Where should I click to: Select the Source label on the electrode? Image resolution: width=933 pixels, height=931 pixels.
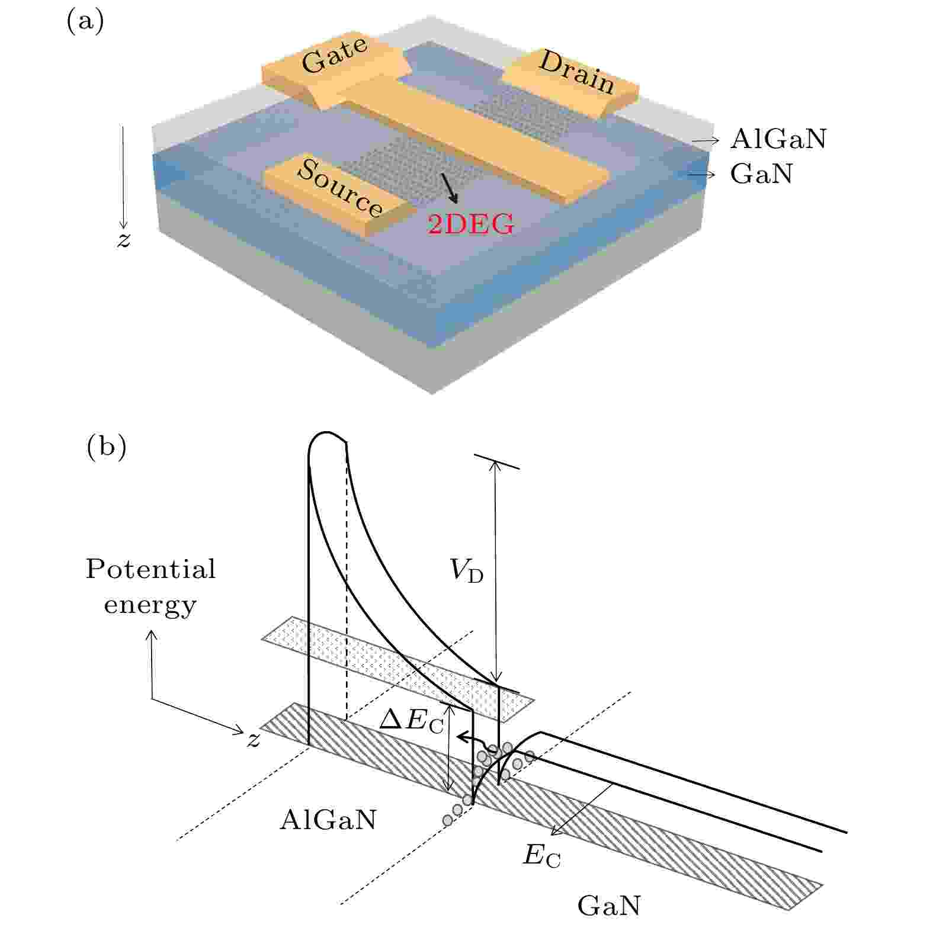(x=339, y=188)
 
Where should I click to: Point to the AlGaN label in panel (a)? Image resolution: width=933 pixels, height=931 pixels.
(x=778, y=139)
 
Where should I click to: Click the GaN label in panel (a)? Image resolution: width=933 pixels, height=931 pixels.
(x=761, y=174)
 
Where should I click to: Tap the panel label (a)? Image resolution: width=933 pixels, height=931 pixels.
(x=85, y=22)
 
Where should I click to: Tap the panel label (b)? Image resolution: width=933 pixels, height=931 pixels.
(x=107, y=447)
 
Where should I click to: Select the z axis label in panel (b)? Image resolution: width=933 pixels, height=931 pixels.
(x=254, y=740)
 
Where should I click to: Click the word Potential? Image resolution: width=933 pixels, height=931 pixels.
(x=150, y=569)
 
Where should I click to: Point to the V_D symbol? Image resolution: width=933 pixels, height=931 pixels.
(x=466, y=570)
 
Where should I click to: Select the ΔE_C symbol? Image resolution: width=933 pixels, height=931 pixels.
(x=411, y=721)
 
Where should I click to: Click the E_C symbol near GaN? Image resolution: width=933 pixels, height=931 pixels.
(x=541, y=856)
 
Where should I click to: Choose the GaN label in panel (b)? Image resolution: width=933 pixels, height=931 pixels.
(x=608, y=906)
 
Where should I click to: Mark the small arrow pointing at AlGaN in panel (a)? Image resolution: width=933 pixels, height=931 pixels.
(x=706, y=140)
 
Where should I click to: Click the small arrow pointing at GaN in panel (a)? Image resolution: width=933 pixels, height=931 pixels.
(x=701, y=175)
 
